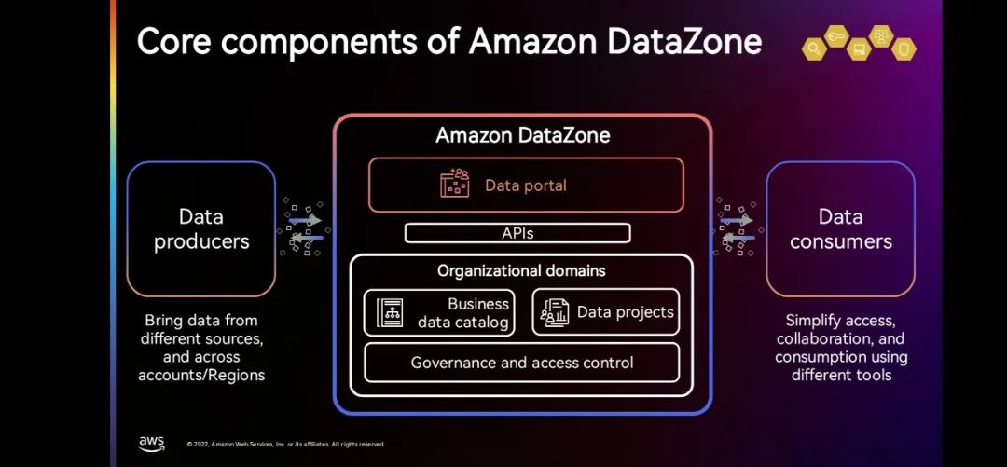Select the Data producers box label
(201, 229)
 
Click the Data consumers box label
(840, 229)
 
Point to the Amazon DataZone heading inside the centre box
(522, 136)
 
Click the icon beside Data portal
(455, 185)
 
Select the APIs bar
(517, 233)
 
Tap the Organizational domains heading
(521, 271)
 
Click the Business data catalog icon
(390, 313)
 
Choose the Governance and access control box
(521, 363)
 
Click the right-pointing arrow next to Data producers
(305, 220)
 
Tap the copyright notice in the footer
(285, 445)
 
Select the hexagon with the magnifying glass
(814, 49)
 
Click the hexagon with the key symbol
(835, 37)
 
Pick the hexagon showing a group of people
(880, 37)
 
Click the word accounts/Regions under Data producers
(201, 375)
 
